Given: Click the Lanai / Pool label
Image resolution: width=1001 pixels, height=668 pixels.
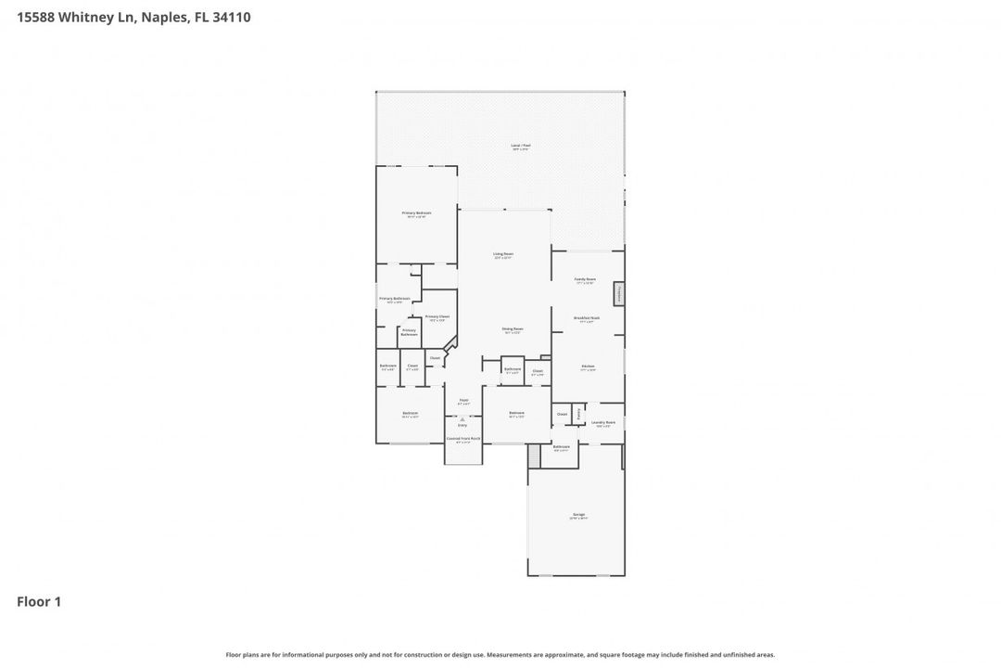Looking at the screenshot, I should tap(520, 147).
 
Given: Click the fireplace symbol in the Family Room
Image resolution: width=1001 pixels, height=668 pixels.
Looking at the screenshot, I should tap(618, 294).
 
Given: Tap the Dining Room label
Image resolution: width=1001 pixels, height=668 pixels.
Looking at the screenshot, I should tap(513, 329).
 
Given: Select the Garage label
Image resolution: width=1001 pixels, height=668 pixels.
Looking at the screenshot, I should tap(578, 516).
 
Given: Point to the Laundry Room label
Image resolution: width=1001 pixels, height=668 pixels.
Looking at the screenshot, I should tap(603, 423).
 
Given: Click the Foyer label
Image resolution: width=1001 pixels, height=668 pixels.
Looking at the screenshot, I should tap(463, 401).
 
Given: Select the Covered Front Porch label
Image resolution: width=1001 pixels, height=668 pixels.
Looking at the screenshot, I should tap(463, 440).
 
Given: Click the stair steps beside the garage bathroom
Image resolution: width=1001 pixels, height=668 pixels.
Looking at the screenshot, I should tap(534, 456).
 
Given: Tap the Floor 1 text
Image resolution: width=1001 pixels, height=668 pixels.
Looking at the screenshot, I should tap(39, 602).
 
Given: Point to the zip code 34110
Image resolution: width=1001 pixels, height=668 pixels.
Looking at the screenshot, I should tap(230, 17).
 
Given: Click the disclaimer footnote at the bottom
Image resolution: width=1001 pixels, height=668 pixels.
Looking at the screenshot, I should tap(500, 655).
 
